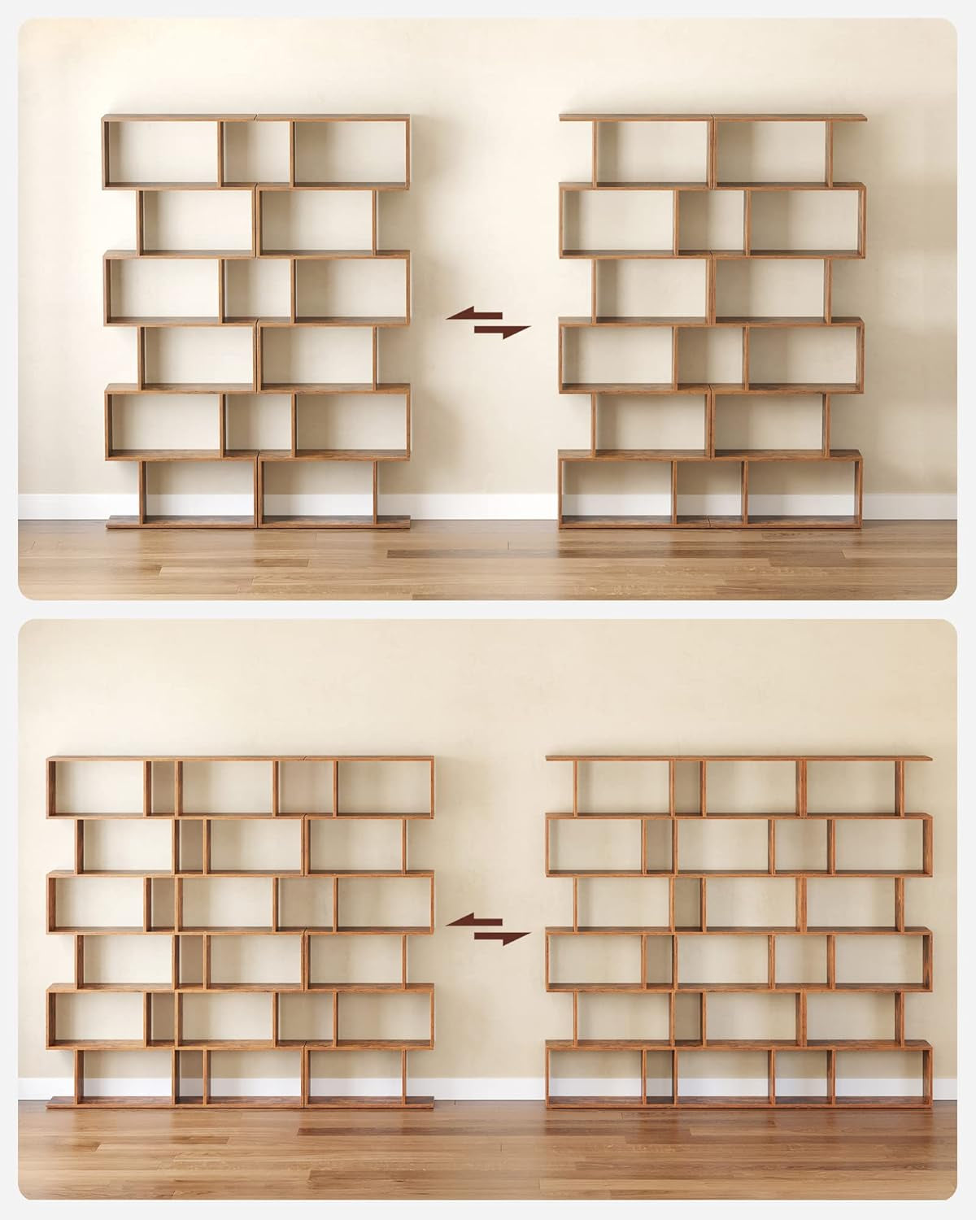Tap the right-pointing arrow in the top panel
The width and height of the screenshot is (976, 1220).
(502, 331)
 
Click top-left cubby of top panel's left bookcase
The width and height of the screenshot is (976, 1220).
(163, 152)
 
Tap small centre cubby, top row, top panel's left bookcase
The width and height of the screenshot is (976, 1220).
(256, 152)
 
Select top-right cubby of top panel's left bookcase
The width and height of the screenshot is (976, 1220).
(350, 152)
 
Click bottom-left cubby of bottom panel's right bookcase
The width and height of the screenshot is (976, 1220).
(594, 1075)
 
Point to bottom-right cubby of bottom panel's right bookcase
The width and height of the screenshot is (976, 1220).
(881, 1075)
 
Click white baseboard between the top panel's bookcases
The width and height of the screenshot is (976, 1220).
(484, 505)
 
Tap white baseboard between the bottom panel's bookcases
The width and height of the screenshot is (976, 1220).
(488, 1088)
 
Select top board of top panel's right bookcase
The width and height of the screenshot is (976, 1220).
(712, 118)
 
